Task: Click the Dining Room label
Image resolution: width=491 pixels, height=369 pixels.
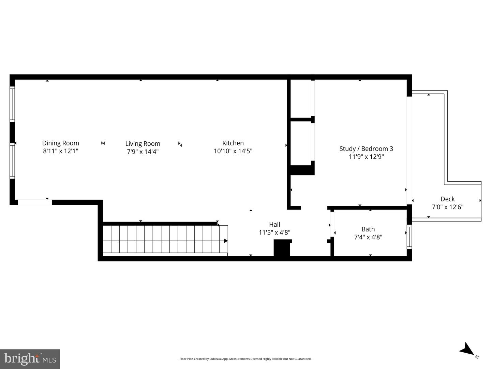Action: pyautogui.click(x=60, y=143)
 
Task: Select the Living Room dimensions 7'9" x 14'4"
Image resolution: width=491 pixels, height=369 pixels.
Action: pyautogui.click(x=143, y=152)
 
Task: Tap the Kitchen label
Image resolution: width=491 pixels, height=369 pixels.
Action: pyautogui.click(x=233, y=143)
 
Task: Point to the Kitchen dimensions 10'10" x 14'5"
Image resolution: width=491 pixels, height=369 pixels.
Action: pyautogui.click(x=233, y=151)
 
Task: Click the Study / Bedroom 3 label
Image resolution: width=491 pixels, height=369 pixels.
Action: pyautogui.click(x=366, y=148)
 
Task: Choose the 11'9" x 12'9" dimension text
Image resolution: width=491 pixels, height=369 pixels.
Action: pyautogui.click(x=366, y=157)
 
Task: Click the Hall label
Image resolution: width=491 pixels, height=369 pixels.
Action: pyautogui.click(x=274, y=224)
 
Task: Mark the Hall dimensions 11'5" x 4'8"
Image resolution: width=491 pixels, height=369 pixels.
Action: pyautogui.click(x=274, y=232)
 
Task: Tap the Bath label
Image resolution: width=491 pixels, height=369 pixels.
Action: pyautogui.click(x=368, y=229)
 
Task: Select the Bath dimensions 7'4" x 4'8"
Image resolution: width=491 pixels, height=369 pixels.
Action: pyautogui.click(x=368, y=237)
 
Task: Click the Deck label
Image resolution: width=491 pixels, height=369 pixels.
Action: pyautogui.click(x=447, y=199)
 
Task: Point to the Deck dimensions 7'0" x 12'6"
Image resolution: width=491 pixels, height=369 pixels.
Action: pyautogui.click(x=447, y=207)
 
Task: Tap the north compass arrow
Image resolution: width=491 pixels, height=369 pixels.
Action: pyautogui.click(x=466, y=349)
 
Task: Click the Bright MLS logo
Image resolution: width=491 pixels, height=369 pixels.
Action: pyautogui.click(x=30, y=359)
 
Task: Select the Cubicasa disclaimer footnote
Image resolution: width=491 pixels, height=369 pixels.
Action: pyautogui.click(x=245, y=359)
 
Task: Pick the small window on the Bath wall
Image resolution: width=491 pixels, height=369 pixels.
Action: pyautogui.click(x=410, y=237)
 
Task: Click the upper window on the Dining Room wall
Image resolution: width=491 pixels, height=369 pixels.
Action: pyautogui.click(x=12, y=104)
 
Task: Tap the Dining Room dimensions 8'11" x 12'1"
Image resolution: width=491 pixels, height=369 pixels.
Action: pyautogui.click(x=60, y=151)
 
